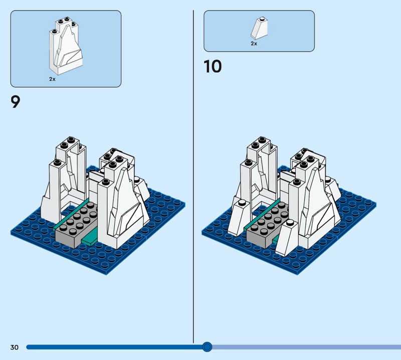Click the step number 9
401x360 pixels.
click(16, 102)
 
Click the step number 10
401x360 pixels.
click(213, 66)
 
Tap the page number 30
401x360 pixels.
click(14, 347)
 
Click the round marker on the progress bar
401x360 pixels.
click(207, 346)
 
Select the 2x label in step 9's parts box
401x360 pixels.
click(52, 79)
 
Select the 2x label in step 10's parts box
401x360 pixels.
click(254, 44)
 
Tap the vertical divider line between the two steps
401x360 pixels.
click(193, 175)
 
